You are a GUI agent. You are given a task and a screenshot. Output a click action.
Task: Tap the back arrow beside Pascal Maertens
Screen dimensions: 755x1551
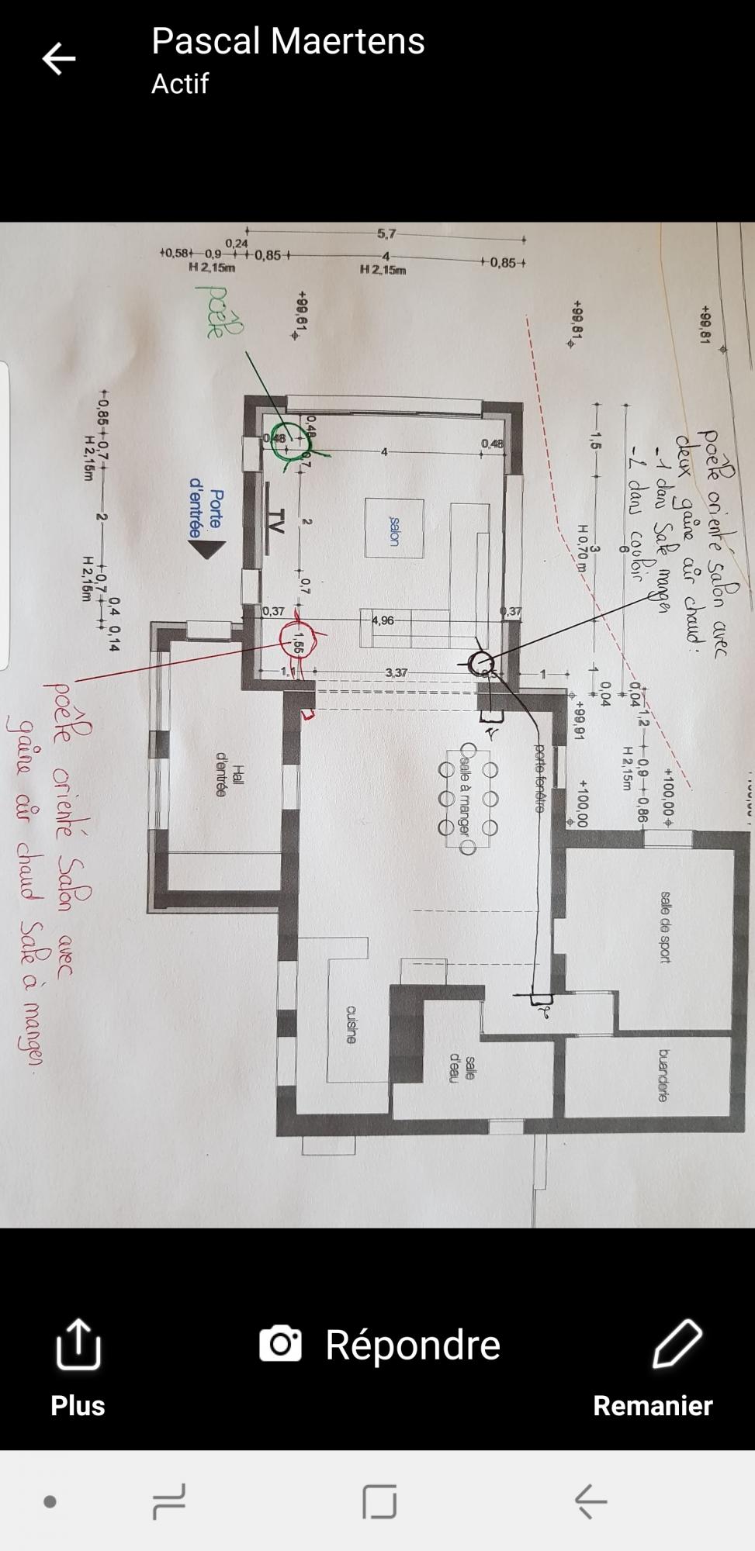(59, 58)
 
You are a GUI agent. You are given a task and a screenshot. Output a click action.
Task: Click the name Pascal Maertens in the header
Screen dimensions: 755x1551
(288, 41)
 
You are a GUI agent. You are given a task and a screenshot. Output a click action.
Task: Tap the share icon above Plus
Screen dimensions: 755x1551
(78, 1345)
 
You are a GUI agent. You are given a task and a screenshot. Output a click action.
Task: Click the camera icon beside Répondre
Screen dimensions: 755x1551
(280, 1344)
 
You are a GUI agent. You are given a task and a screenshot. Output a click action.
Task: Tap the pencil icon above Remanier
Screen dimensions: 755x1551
(677, 1343)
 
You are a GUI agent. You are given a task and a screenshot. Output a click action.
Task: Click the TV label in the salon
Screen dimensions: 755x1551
(276, 521)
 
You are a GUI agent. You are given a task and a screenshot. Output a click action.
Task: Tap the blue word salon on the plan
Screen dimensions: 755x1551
(394, 530)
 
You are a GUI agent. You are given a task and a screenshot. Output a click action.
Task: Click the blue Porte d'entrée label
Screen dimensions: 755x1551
(206, 513)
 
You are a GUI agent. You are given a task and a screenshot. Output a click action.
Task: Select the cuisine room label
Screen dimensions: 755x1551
(352, 1024)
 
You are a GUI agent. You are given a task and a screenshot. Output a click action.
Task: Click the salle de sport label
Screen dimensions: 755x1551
(665, 927)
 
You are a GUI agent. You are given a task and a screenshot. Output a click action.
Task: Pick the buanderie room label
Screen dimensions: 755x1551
(663, 1075)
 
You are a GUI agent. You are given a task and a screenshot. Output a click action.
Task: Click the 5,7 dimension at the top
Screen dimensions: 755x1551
(386, 233)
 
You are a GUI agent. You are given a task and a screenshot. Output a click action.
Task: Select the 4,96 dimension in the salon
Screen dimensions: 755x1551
(383, 620)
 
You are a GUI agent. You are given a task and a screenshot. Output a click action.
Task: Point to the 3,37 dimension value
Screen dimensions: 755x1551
(396, 672)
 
